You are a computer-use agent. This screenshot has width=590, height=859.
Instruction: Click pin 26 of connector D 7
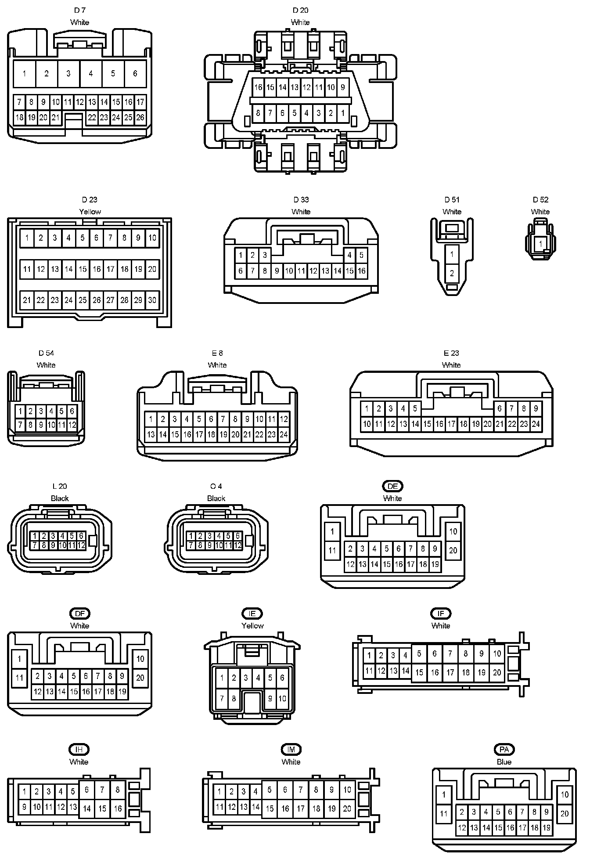[x=140, y=117]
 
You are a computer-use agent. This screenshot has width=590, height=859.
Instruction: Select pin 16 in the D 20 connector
[x=258, y=87]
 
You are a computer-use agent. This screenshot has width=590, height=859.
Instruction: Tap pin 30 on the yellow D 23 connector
[x=152, y=300]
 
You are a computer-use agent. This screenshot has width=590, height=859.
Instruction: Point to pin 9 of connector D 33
[x=277, y=271]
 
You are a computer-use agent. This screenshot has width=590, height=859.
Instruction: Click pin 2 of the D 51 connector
[x=452, y=273]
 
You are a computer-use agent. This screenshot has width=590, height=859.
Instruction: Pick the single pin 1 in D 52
[x=540, y=244]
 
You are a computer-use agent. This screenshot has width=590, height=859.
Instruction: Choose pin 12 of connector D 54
[x=72, y=425]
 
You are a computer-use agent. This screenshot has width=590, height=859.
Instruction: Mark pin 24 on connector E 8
[x=284, y=435]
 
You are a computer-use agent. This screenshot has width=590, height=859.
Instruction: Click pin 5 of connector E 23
[x=415, y=408]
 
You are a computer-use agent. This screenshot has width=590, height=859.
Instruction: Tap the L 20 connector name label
[x=60, y=486]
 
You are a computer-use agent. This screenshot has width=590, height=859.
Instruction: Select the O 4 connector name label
[x=216, y=486]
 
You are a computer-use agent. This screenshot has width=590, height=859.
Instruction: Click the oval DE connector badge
[x=392, y=486]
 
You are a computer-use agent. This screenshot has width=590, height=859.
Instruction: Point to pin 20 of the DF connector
[x=140, y=678]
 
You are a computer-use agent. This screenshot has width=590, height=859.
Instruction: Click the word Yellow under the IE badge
[x=252, y=625]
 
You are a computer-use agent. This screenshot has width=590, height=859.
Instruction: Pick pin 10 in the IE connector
[x=282, y=698]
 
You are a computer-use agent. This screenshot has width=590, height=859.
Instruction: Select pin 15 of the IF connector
[x=419, y=672]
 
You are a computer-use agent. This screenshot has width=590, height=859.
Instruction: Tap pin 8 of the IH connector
[x=118, y=790]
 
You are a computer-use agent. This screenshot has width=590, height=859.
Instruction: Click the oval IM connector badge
[x=291, y=750]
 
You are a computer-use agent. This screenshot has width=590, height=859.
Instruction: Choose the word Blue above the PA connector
[x=504, y=762]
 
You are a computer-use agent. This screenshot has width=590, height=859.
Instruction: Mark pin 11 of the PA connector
[x=444, y=814]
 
